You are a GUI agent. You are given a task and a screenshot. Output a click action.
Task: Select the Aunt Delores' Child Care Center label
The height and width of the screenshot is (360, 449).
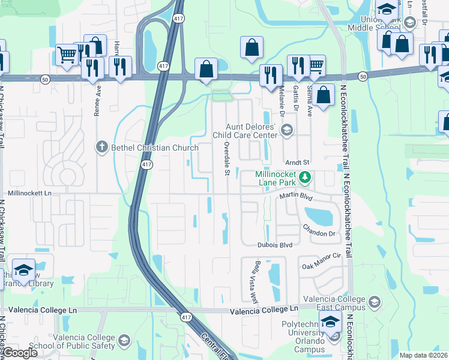point(250,130)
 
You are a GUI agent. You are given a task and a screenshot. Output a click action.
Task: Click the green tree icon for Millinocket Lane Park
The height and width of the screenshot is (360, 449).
point(306,176)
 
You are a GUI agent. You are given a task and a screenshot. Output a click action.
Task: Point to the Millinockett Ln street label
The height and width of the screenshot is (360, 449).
point(30,194)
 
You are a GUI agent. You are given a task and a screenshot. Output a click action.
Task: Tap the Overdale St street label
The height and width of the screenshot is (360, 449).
point(227,160)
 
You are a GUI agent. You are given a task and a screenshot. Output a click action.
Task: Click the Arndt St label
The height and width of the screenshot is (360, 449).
point(297,162)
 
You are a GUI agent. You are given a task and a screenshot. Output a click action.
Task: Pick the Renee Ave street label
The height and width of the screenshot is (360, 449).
point(97,104)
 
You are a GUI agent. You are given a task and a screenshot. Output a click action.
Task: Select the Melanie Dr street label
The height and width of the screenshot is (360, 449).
point(281,97)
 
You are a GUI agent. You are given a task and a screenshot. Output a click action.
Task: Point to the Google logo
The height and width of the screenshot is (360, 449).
point(20,353)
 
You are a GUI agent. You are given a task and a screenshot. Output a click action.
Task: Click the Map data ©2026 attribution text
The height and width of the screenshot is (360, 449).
point(423,355)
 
